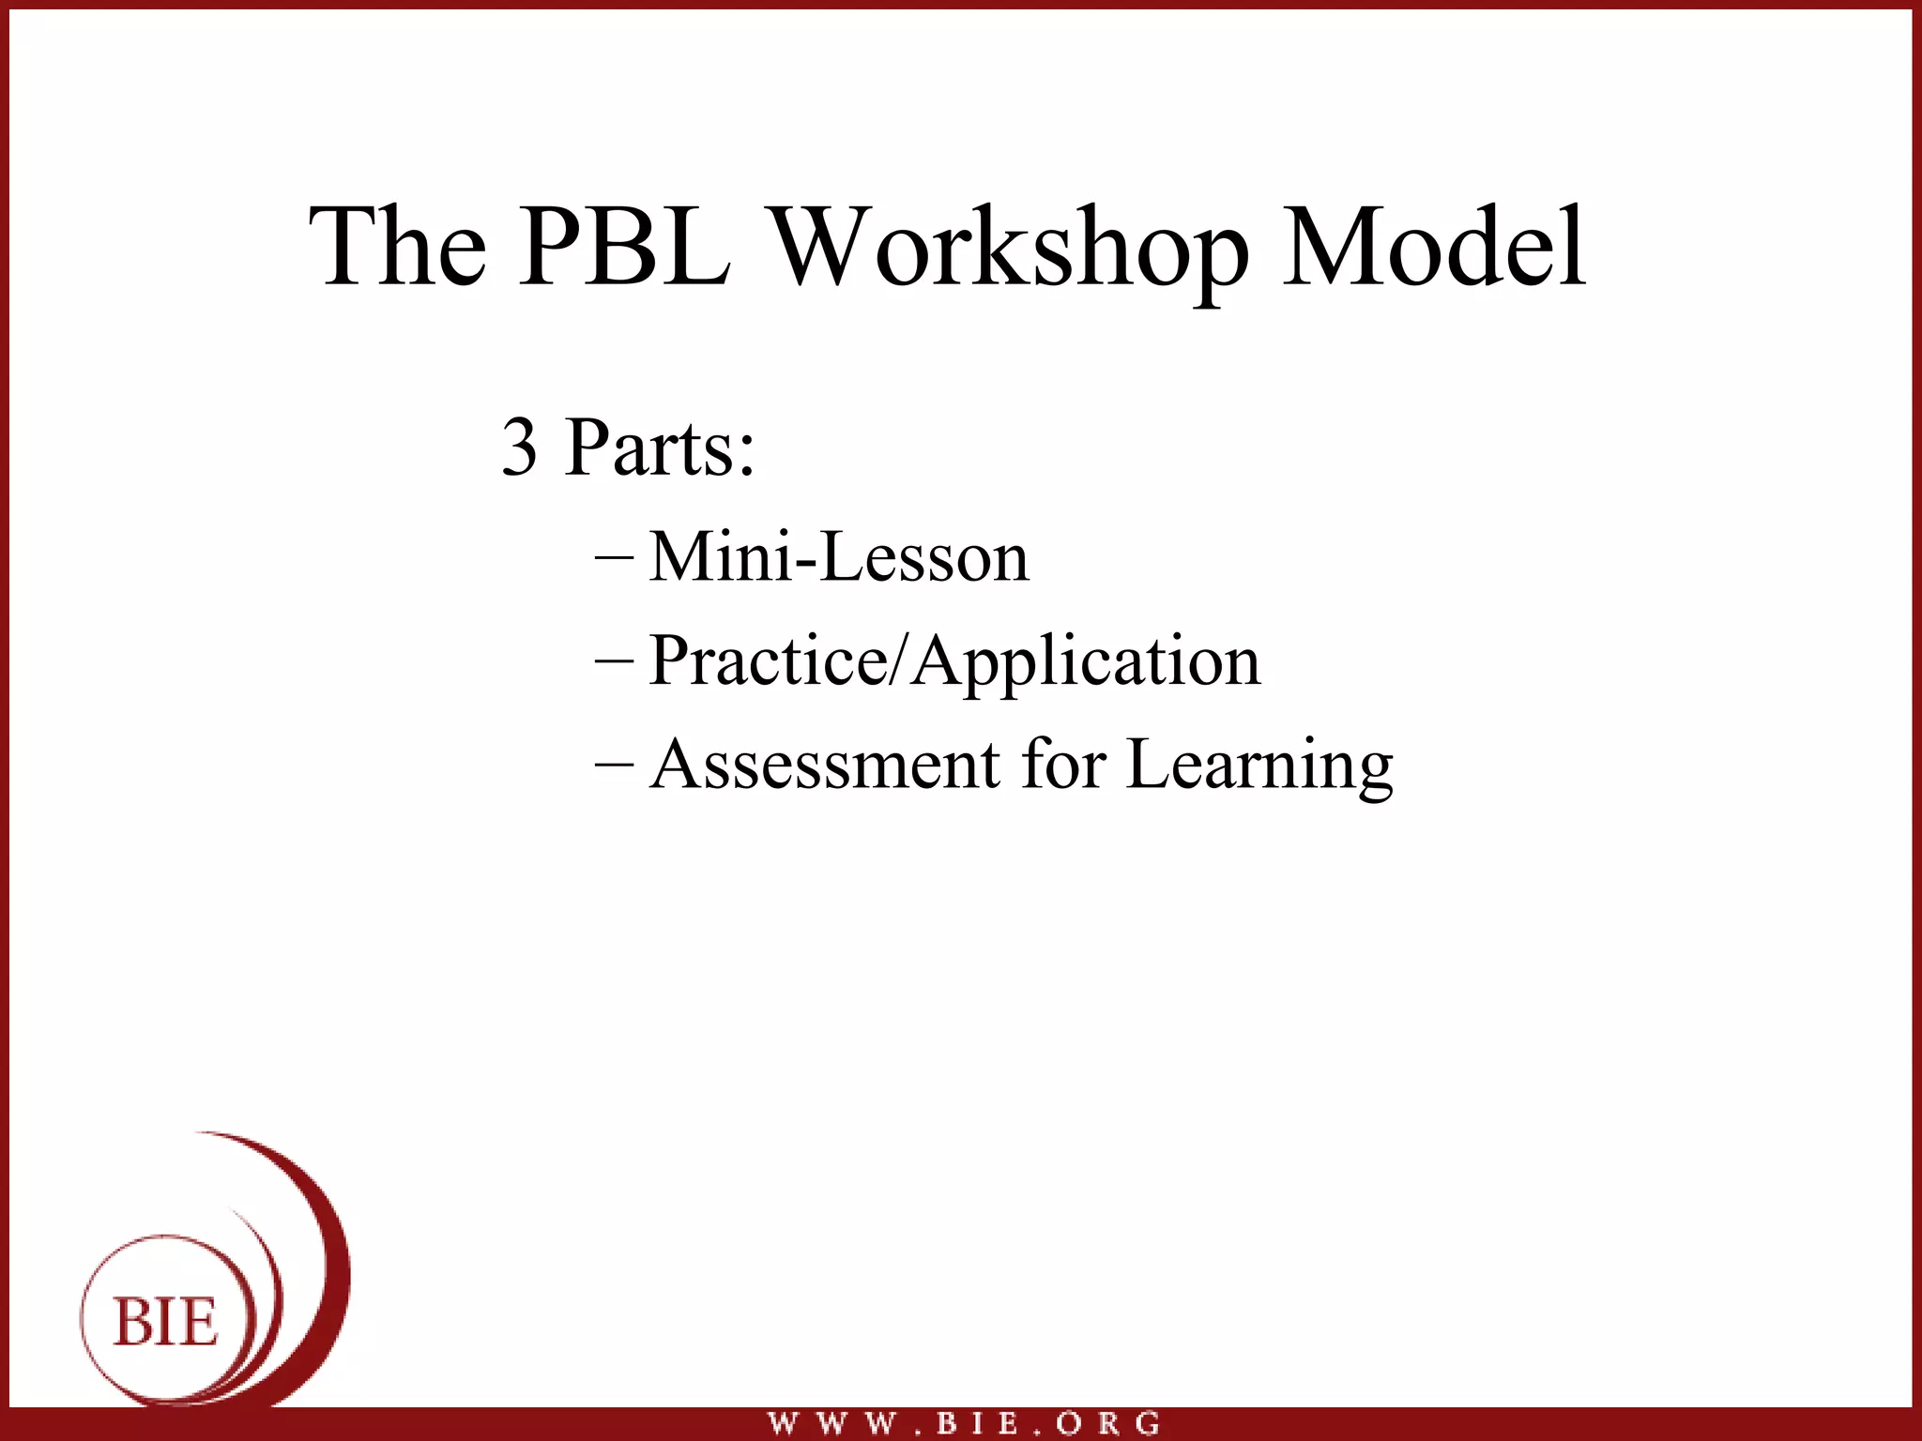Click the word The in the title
(398, 246)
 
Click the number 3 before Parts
(520, 447)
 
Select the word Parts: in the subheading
(660, 447)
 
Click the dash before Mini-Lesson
(614, 556)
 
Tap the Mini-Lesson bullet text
(839, 556)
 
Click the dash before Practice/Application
(614, 660)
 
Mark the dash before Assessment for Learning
(614, 764)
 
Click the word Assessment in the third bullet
(825, 764)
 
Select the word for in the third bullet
(1063, 764)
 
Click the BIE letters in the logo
(165, 1323)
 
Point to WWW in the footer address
(831, 1423)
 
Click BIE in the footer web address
(978, 1423)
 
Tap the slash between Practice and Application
(898, 660)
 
